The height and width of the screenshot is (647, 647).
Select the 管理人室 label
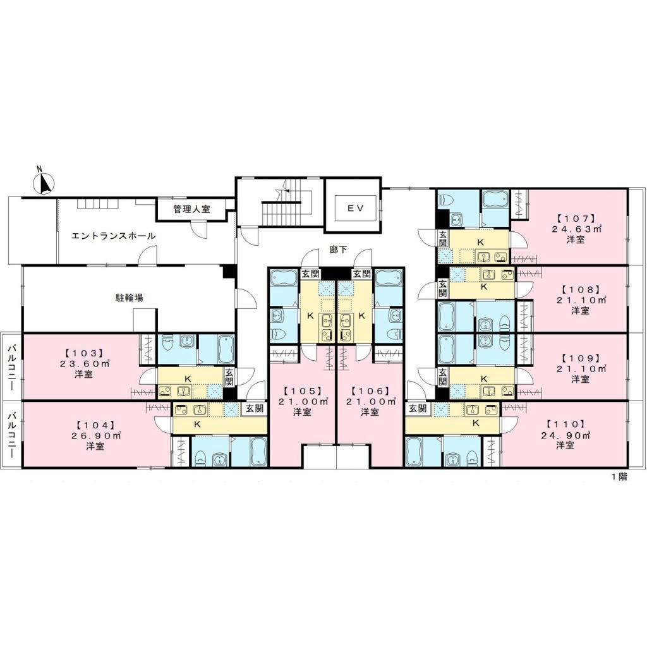(191, 209)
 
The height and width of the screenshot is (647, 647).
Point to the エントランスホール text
(114, 236)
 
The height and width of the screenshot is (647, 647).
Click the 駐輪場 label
(129, 297)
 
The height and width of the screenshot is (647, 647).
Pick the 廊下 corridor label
(339, 250)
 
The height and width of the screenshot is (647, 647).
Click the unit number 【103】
(83, 353)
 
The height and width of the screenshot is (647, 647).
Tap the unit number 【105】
(302, 390)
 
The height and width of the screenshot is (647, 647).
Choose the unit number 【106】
(370, 390)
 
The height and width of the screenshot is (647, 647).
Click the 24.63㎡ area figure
(576, 229)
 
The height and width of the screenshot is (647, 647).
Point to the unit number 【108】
(580, 289)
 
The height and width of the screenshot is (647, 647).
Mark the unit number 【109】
(580, 358)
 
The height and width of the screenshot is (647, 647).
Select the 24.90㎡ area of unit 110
(565, 435)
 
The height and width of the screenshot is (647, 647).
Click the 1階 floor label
(619, 476)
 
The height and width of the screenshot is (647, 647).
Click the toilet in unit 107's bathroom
(447, 199)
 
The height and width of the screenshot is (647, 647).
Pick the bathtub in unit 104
(258, 452)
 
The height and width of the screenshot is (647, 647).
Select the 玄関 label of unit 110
(418, 409)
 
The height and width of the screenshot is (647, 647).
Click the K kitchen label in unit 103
(188, 378)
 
